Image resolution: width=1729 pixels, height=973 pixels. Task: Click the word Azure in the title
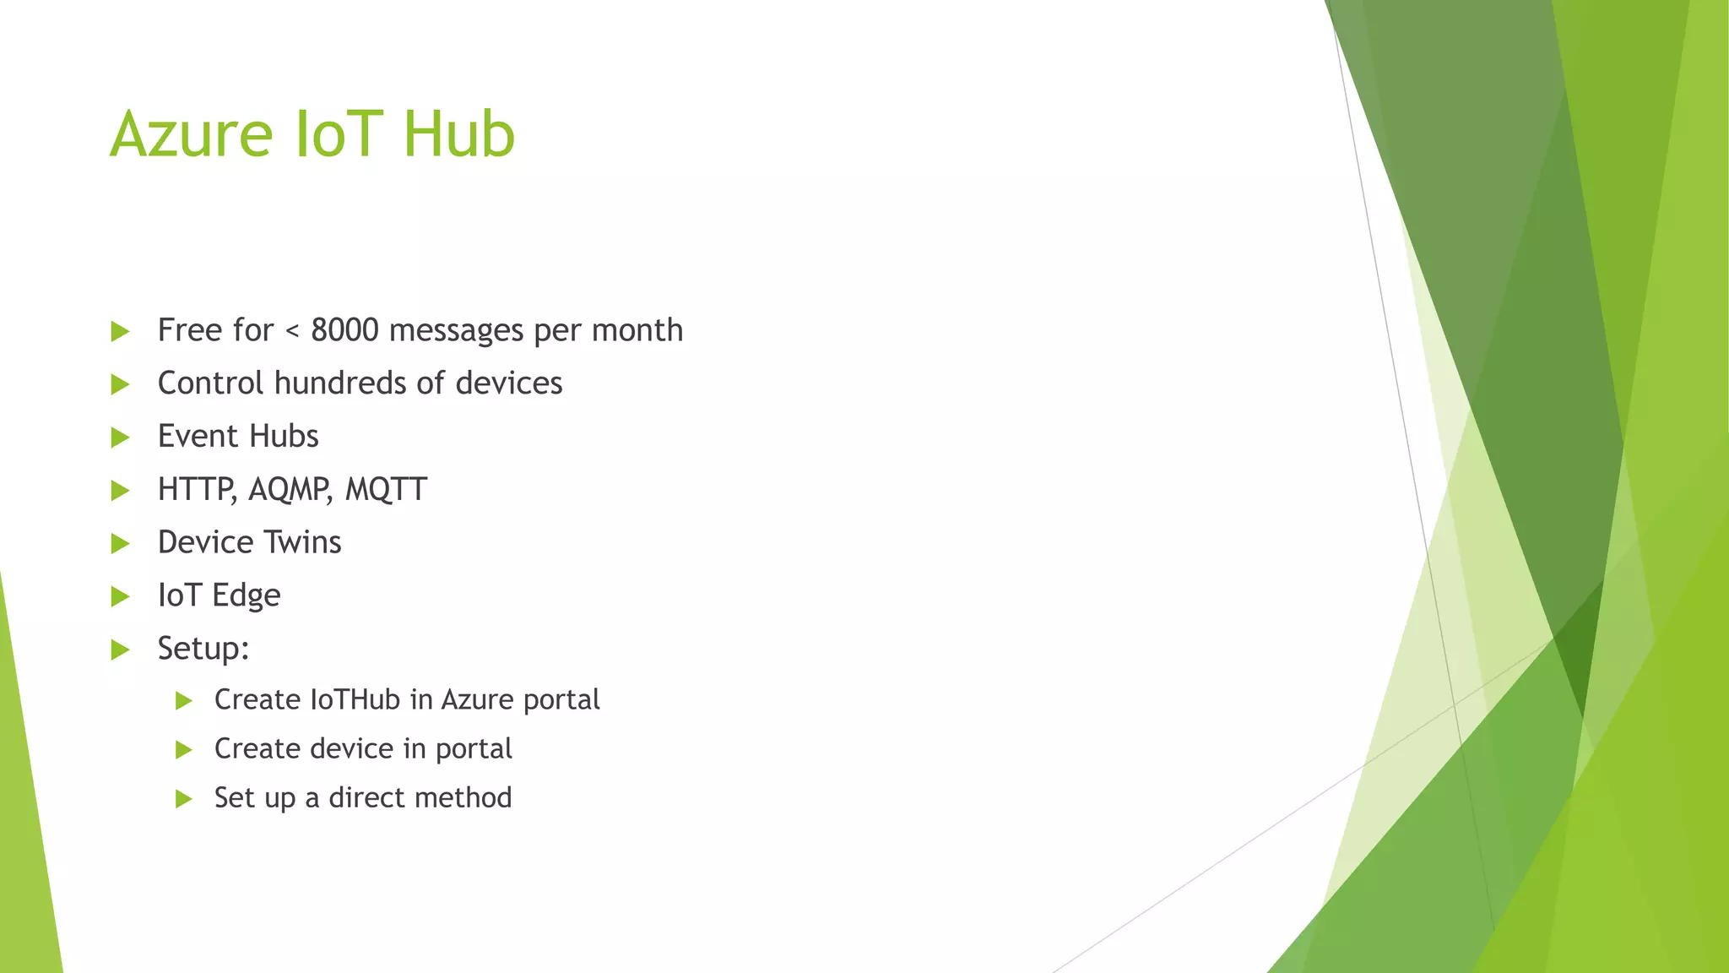(192, 134)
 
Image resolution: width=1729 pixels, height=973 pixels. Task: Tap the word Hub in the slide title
(458, 134)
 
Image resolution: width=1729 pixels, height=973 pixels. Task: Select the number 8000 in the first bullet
(344, 330)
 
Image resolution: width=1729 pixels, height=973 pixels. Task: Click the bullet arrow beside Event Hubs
(121, 438)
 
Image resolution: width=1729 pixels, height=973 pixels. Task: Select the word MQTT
(386, 490)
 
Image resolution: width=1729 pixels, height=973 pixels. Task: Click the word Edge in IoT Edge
(246, 596)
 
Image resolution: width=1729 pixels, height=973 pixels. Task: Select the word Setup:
(203, 650)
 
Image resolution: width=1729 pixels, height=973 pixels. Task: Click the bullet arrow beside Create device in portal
(184, 750)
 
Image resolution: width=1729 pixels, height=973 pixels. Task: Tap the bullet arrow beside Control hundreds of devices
(121, 385)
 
